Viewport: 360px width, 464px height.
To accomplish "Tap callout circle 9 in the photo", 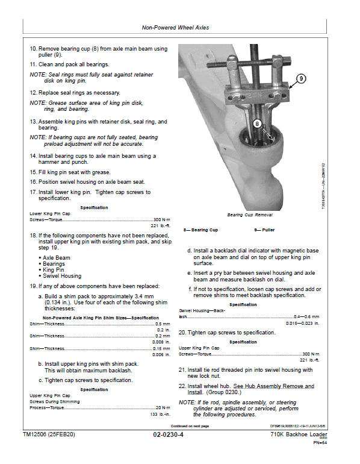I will (301, 78).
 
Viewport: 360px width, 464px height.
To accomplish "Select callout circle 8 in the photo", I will (257, 123).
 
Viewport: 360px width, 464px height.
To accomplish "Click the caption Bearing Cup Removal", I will (250, 215).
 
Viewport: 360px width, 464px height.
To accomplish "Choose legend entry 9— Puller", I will (265, 230).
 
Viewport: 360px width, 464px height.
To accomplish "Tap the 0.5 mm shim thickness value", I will (162, 323).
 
